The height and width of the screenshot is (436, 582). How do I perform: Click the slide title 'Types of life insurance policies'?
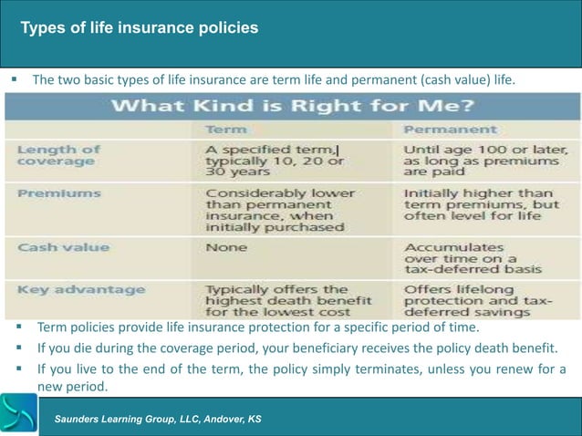click(x=140, y=28)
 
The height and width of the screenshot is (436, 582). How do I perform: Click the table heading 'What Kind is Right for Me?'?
click(x=292, y=106)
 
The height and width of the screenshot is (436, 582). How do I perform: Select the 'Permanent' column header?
click(x=450, y=130)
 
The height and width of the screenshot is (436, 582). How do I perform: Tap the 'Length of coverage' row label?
click(x=58, y=155)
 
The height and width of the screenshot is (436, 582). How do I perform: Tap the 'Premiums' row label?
click(x=58, y=194)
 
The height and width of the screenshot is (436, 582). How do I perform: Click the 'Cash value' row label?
click(x=63, y=247)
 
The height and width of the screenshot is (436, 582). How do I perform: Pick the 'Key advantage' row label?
click(x=81, y=290)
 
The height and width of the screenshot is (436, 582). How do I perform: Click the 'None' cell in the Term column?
click(x=226, y=247)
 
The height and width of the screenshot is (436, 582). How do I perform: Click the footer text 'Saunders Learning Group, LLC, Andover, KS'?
click(x=158, y=419)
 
